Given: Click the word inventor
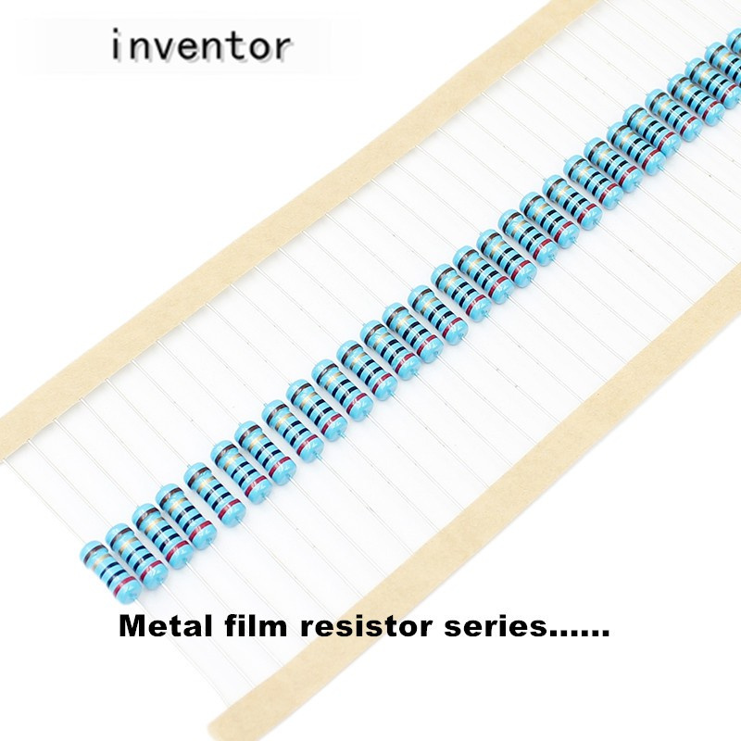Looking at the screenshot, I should click(x=201, y=44).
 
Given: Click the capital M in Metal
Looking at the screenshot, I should click(x=131, y=628).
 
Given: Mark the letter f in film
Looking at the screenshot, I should click(x=218, y=627).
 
